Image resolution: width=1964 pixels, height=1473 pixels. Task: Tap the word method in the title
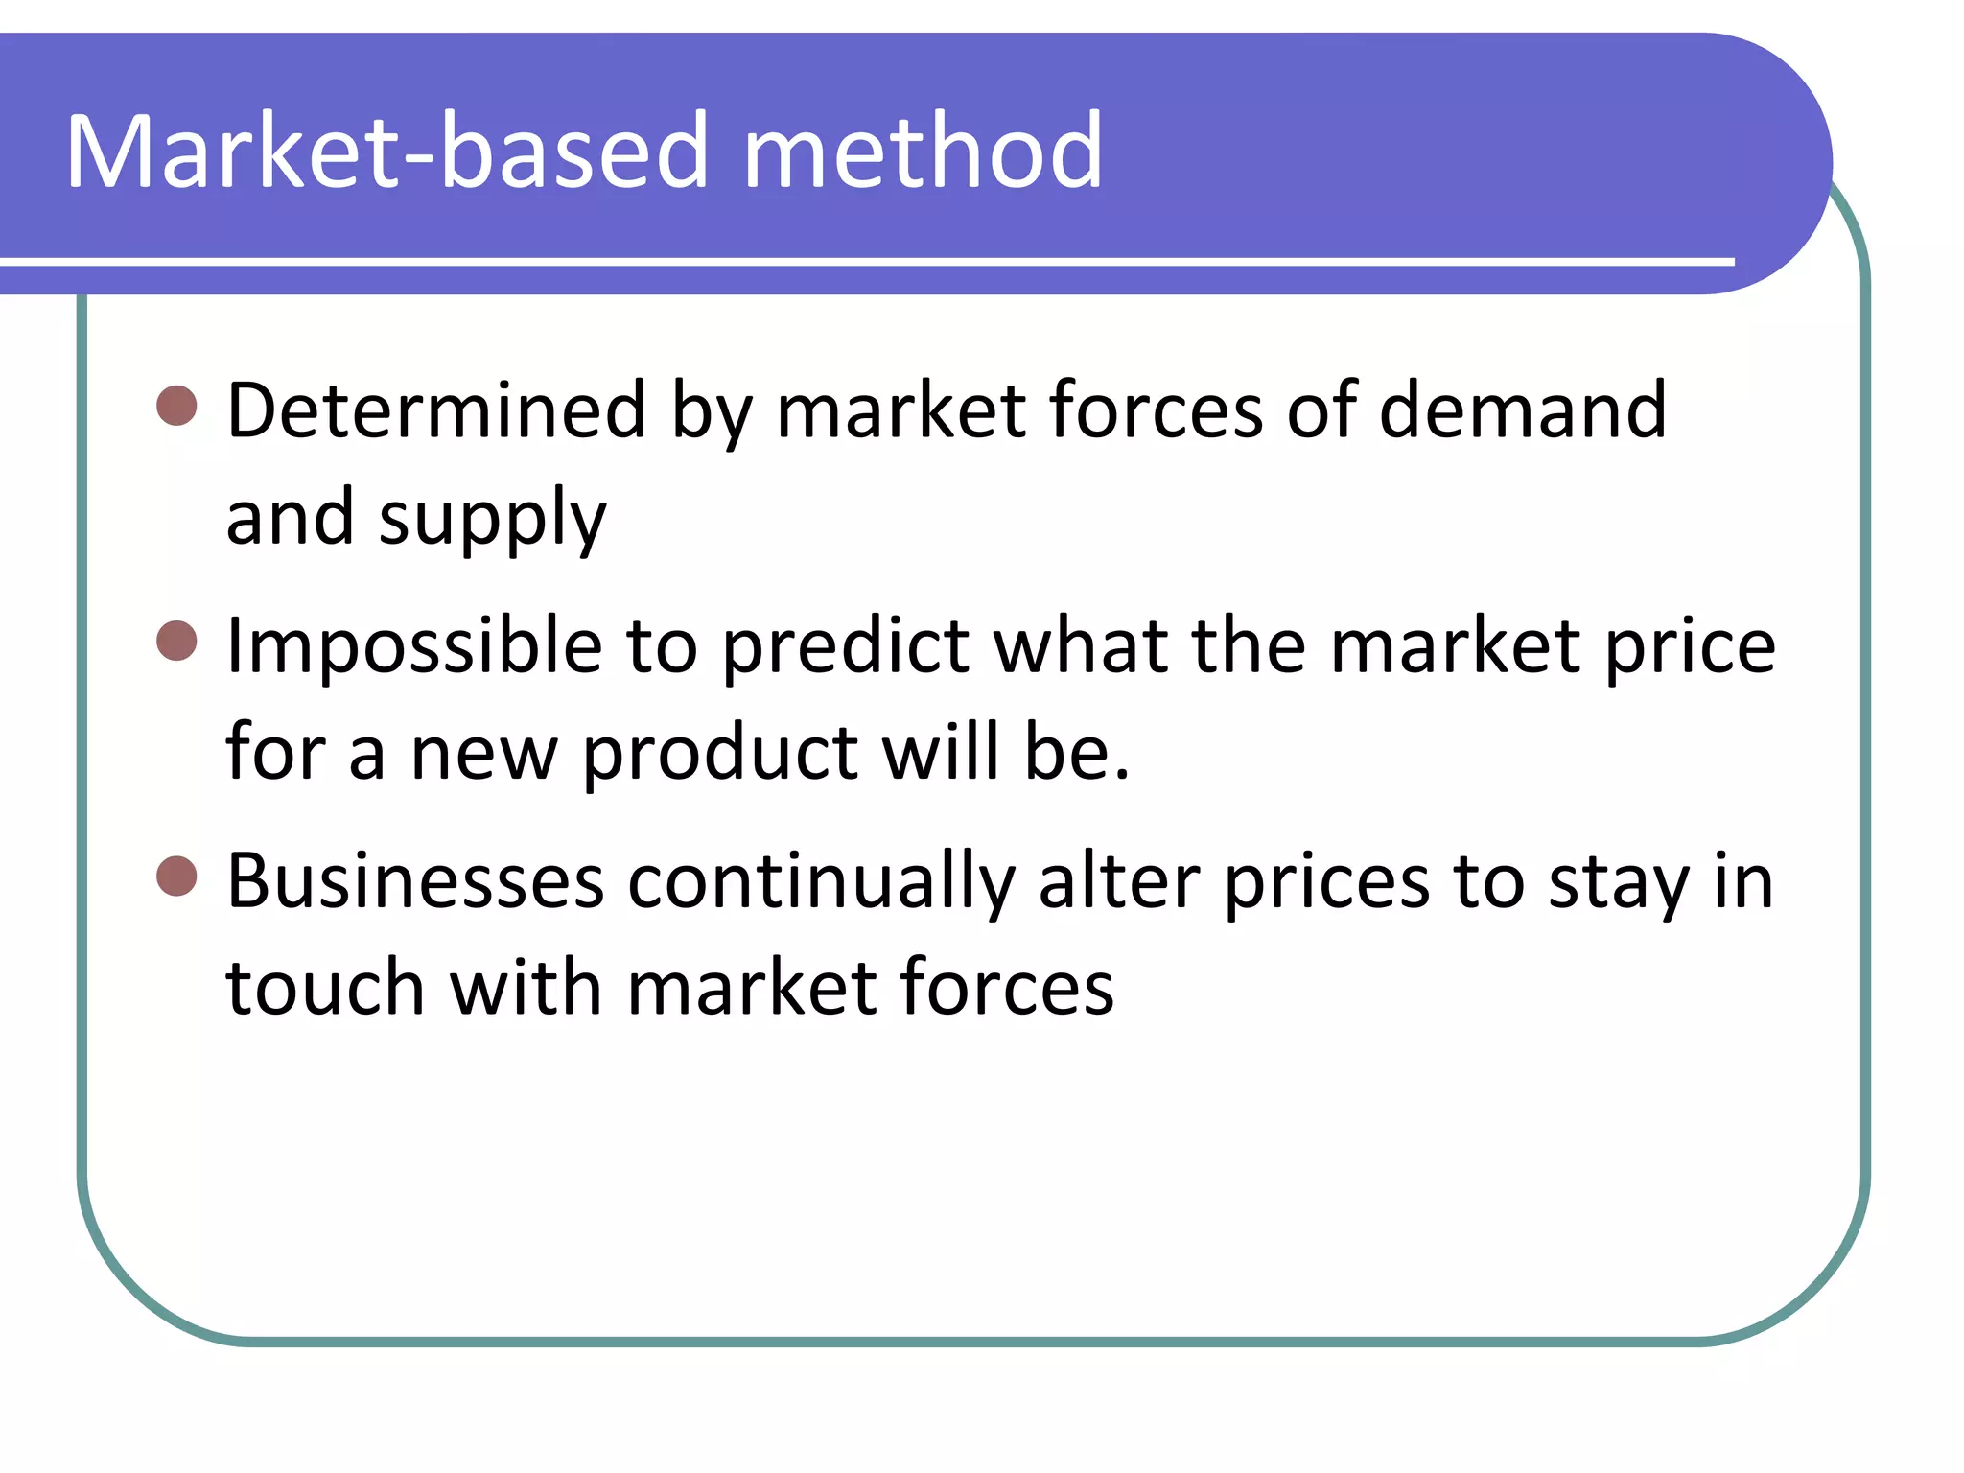(923, 152)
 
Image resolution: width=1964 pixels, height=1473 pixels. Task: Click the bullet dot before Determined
(176, 407)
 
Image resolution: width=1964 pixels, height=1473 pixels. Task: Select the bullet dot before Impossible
(176, 641)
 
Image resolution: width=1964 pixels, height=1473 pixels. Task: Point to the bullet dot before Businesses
(176, 876)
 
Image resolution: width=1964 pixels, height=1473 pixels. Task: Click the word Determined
(435, 410)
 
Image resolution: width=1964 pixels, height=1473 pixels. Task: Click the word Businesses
(415, 880)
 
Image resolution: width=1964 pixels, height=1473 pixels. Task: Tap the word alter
(1118, 880)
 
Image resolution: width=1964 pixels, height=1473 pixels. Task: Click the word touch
(325, 988)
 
